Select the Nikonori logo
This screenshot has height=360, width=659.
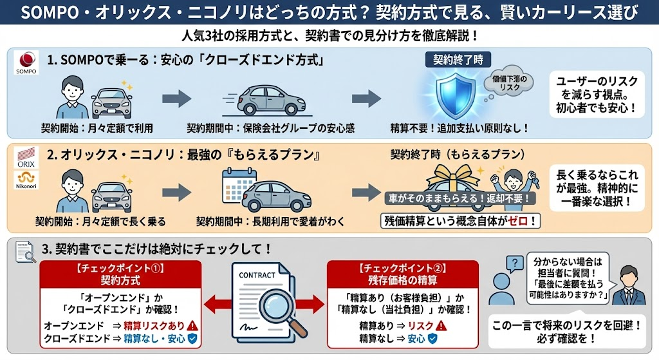tap(26, 182)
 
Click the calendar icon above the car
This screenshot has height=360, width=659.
tap(238, 182)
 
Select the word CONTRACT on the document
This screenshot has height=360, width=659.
tap(257, 275)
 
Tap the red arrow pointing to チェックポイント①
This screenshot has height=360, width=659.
tap(216, 303)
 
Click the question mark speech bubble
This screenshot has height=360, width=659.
tap(514, 263)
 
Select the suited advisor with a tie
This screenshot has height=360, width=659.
tap(627, 287)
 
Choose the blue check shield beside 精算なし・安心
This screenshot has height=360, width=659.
tap(191, 338)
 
